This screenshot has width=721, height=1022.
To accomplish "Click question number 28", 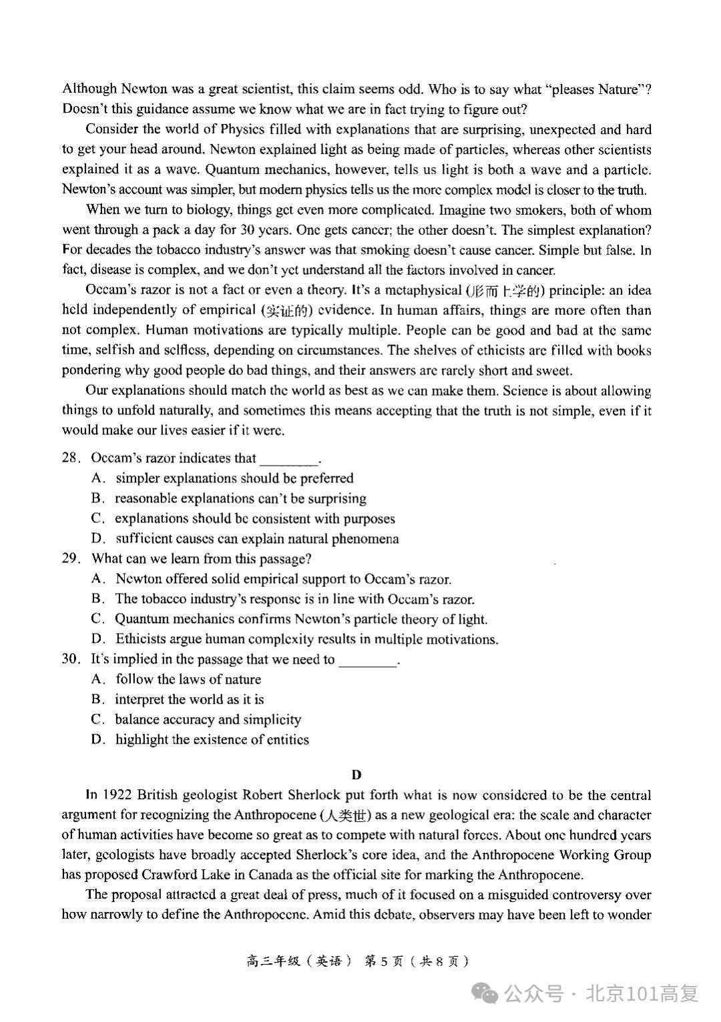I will [71, 458].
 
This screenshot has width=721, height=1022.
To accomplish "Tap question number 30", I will [71, 659].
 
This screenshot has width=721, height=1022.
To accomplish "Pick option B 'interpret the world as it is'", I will [189, 699].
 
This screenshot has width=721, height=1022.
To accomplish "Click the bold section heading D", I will [356, 775].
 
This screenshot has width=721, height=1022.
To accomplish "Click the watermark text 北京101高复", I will [642, 993].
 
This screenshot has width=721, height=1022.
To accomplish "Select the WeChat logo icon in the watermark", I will [485, 993].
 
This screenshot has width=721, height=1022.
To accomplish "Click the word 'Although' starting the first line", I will [89, 89].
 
